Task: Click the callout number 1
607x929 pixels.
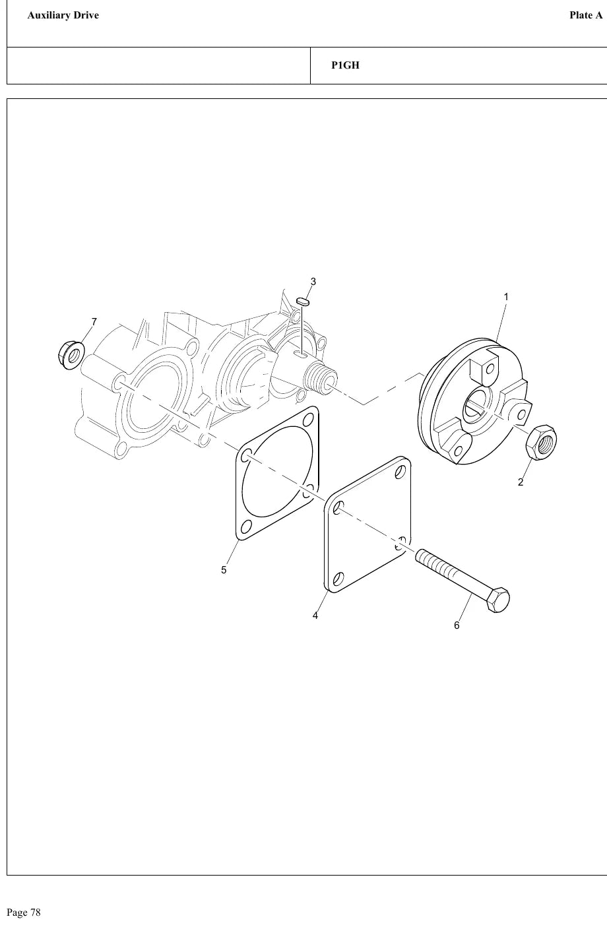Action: pyautogui.click(x=506, y=297)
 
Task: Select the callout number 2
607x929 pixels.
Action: pyautogui.click(x=521, y=482)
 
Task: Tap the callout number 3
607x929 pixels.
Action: pyautogui.click(x=313, y=282)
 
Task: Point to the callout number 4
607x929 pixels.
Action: pyautogui.click(x=315, y=616)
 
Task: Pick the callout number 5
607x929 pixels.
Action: pyautogui.click(x=224, y=570)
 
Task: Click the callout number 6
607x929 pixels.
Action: pyautogui.click(x=457, y=625)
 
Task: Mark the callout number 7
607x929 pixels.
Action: pyautogui.click(x=94, y=322)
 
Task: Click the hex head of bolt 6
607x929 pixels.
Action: pyautogui.click(x=498, y=600)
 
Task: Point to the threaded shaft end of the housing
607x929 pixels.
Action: pyautogui.click(x=321, y=377)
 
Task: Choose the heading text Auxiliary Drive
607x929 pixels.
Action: pyautogui.click(x=63, y=15)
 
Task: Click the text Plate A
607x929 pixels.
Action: pyautogui.click(x=586, y=15)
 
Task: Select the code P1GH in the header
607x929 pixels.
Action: pyautogui.click(x=345, y=65)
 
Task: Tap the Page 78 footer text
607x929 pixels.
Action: pyautogui.click(x=24, y=913)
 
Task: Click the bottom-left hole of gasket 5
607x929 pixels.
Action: pyautogui.click(x=246, y=527)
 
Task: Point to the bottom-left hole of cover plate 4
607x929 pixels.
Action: pyautogui.click(x=338, y=579)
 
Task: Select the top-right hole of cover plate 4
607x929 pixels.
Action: pyautogui.click(x=400, y=472)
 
